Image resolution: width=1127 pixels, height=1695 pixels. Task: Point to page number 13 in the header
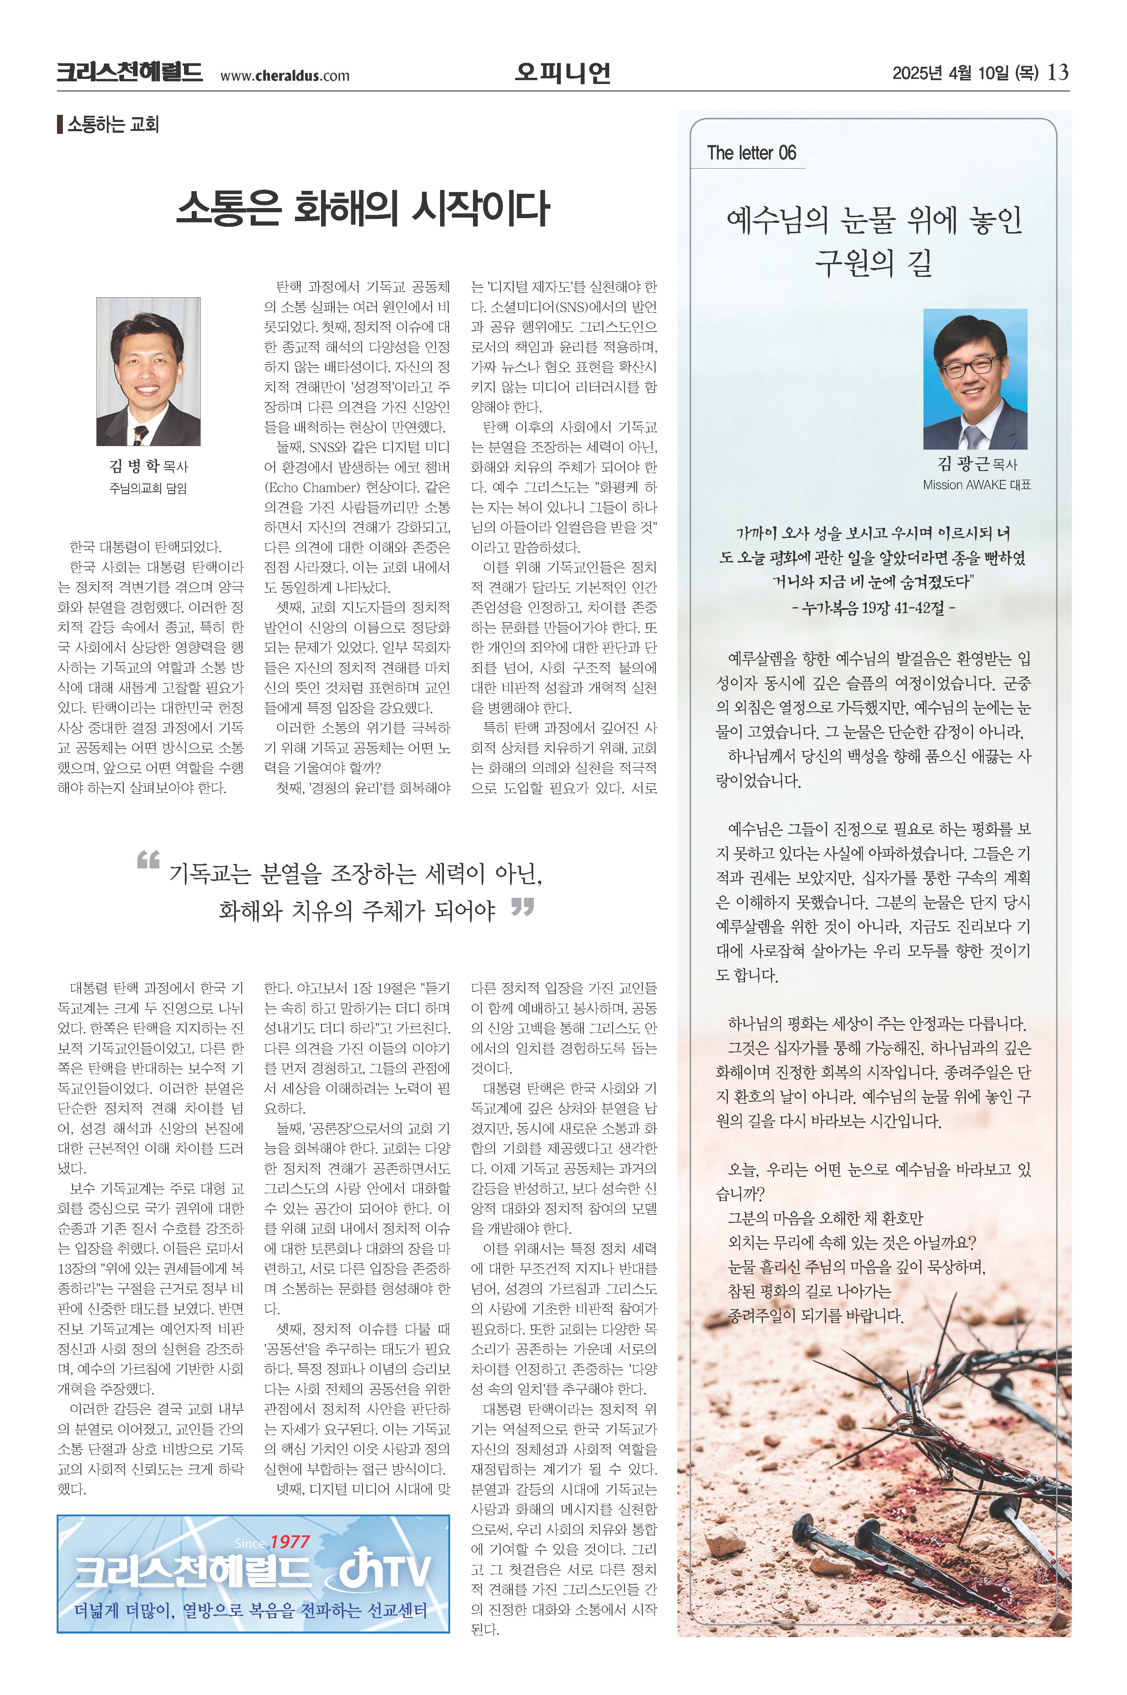coord(1058,73)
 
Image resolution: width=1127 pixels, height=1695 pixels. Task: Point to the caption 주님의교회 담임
coord(148,488)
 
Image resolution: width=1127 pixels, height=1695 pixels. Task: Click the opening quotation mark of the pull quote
coord(148,860)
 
